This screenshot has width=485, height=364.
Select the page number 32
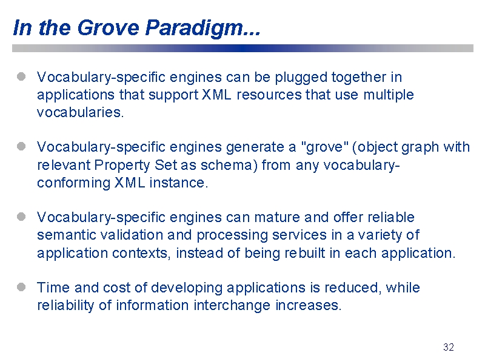(448, 347)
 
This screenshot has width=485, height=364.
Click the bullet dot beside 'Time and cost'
(21, 287)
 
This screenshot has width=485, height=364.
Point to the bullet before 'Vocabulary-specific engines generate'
(21, 146)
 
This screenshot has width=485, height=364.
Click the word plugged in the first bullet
(301, 78)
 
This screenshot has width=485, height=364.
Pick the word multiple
(389, 95)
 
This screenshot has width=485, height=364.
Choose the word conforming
(73, 183)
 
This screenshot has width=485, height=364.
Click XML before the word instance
(130, 183)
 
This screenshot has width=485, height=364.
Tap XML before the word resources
(216, 95)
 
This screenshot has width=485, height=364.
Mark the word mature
(277, 217)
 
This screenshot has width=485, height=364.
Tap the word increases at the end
(309, 305)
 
